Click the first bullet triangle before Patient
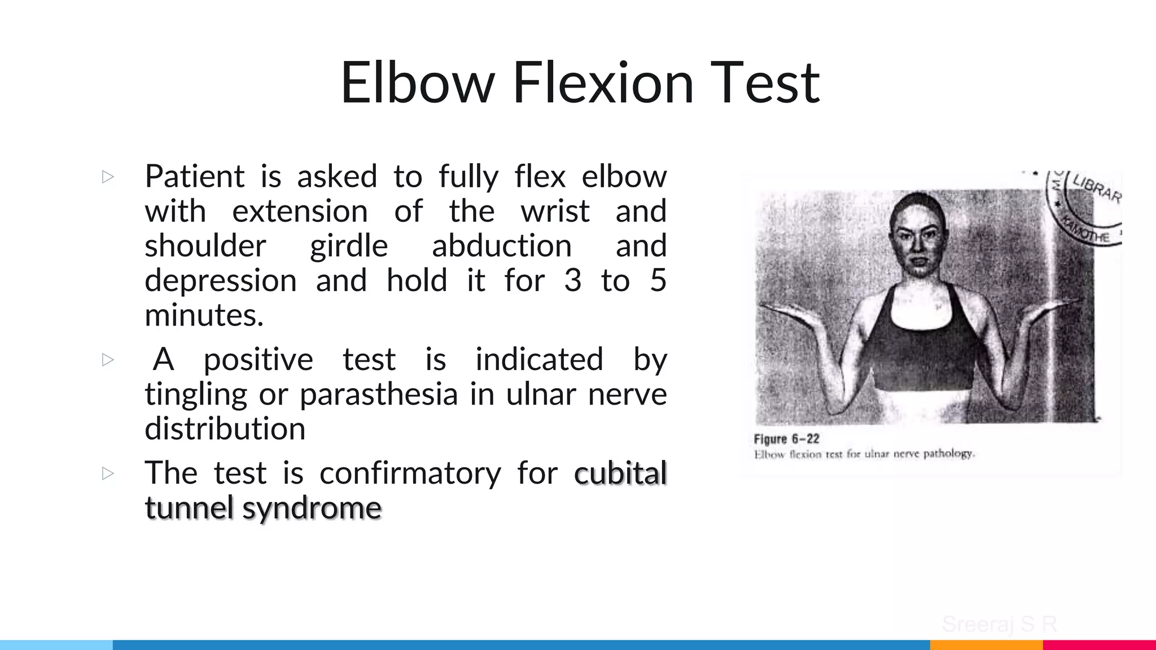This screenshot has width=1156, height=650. (108, 177)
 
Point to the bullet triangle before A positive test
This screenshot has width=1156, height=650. (108, 359)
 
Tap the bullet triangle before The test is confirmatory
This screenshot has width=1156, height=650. (108, 473)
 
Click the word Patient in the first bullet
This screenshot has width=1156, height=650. (194, 177)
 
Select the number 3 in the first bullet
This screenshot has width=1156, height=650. (572, 280)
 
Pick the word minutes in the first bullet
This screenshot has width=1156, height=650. (204, 315)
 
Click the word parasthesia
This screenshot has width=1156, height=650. (378, 394)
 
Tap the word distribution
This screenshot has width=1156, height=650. (225, 429)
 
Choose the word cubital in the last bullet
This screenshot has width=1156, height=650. (620, 473)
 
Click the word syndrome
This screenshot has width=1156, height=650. (312, 508)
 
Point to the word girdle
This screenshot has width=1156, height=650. (349, 246)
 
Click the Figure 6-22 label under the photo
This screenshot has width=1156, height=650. (786, 439)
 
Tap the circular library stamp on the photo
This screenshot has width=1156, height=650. (1084, 209)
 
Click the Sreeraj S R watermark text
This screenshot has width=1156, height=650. (999, 625)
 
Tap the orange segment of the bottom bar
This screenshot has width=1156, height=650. (986, 645)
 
